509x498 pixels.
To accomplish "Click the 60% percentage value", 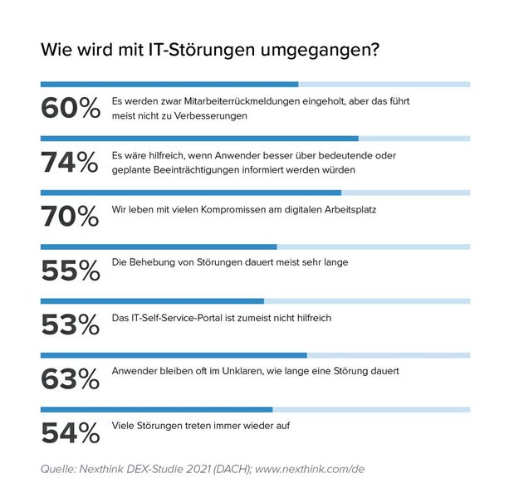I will coord(70,110).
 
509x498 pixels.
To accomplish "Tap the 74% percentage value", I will coord(70,164).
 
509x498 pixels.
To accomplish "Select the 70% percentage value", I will coord(70,217).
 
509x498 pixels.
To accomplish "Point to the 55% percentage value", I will coord(70,271).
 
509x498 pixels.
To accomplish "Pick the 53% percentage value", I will coord(70,325).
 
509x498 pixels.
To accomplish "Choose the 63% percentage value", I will coord(70,379).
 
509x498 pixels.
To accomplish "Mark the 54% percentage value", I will coord(70,433).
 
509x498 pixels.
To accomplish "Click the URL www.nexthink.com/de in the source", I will coord(311,470).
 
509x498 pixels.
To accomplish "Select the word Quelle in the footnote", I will coord(60,470).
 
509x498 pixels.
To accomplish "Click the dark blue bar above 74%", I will coord(199,139).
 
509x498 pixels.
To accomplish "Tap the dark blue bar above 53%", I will coord(152,300).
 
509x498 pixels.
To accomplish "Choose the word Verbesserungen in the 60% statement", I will coord(211,115).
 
